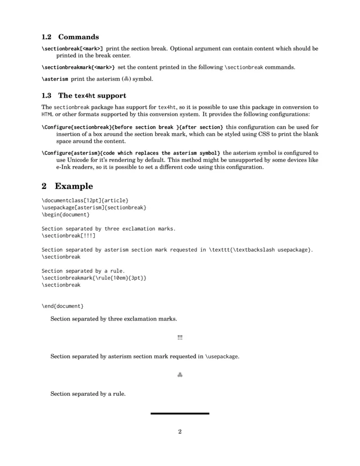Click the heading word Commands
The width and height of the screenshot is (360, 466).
(x=78, y=37)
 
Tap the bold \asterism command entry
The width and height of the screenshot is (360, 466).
(x=55, y=79)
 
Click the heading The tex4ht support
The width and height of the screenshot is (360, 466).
(x=92, y=95)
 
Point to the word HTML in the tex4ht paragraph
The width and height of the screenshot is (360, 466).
(x=47, y=114)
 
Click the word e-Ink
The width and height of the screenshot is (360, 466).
(x=64, y=167)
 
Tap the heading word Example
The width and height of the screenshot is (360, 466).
(x=74, y=186)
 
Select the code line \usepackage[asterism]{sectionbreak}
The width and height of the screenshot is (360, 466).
(x=94, y=207)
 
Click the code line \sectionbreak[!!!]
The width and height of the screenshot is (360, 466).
(x=68, y=235)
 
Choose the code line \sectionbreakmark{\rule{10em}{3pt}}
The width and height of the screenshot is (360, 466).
(x=94, y=278)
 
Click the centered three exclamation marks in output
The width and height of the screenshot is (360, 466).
(x=180, y=338)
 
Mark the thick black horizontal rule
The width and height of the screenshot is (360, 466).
(x=180, y=413)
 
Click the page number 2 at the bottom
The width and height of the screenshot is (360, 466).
(x=180, y=432)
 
